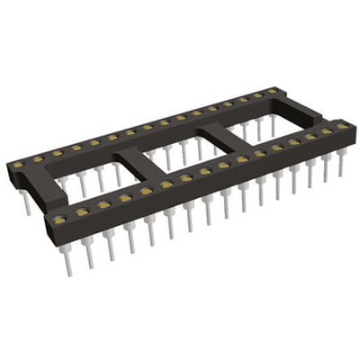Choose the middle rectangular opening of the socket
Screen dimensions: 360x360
[184, 148]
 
